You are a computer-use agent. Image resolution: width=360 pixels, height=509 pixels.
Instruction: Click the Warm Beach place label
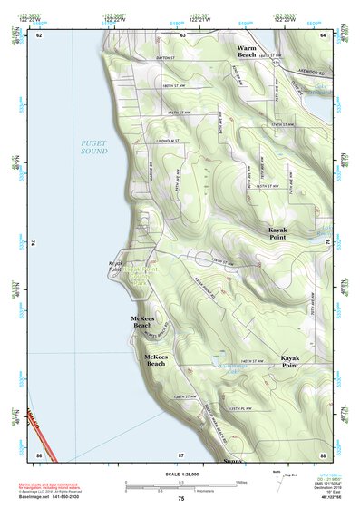247,51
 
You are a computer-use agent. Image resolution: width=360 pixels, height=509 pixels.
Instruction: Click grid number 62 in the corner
39,34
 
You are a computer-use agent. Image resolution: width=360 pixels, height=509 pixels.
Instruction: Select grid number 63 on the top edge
182,34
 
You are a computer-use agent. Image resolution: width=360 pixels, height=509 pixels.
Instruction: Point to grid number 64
323,34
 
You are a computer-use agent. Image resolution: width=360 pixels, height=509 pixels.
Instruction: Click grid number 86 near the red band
39,454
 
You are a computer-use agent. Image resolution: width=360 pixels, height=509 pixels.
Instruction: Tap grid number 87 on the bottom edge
181,454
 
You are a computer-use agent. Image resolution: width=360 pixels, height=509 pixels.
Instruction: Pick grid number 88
323,454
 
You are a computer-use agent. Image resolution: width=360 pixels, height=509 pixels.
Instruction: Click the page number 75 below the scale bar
181,500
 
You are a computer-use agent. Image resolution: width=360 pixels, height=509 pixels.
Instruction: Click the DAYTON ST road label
169,58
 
